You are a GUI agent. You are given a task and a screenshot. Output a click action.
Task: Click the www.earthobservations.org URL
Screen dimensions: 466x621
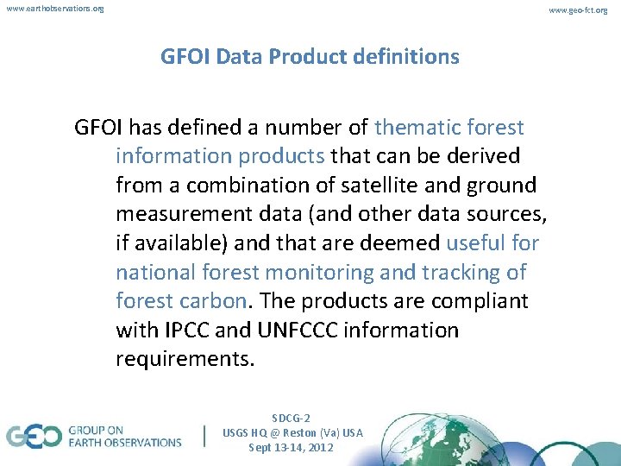55,9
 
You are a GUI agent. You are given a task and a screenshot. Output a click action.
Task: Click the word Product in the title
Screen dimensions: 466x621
303,57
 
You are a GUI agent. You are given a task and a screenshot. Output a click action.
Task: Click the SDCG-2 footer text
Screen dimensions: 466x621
292,417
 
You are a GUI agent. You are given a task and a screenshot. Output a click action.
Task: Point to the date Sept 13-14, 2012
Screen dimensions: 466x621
292,448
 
